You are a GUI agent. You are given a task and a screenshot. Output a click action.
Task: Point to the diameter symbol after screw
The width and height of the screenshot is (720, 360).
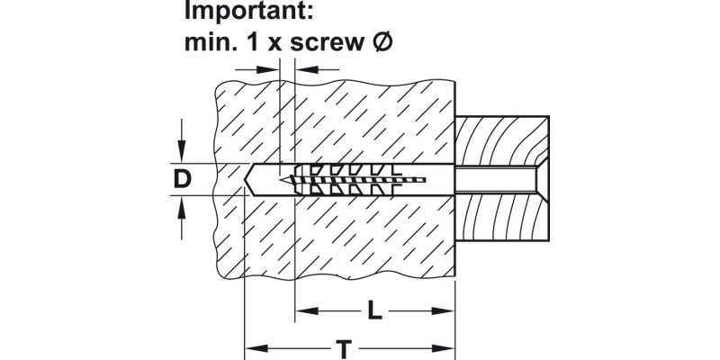tap(382, 42)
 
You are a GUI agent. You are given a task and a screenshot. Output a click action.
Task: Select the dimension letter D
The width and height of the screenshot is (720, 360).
tap(183, 179)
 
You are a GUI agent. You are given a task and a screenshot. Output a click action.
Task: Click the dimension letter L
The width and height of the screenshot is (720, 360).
tap(375, 310)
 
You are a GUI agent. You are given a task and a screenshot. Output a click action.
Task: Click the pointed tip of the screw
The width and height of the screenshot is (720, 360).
tap(281, 179)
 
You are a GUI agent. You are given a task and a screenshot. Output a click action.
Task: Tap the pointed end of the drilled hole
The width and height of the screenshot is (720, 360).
tap(244, 179)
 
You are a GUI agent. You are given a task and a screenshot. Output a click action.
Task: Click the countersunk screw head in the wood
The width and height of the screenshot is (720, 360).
tap(543, 179)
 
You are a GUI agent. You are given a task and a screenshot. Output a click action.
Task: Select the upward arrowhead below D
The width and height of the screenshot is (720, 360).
tap(183, 206)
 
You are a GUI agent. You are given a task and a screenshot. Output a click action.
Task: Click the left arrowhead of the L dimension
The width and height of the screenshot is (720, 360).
tap(306, 310)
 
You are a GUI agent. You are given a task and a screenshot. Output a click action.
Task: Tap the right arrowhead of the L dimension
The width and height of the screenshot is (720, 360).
tap(444, 310)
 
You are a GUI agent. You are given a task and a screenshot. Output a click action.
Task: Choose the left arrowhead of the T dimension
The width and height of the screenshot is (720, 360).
tap(256, 348)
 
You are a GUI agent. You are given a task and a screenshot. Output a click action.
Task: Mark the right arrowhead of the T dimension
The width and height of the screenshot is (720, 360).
tap(444, 348)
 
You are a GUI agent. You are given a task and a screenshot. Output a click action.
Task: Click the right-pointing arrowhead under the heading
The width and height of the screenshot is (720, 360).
tap(267, 70)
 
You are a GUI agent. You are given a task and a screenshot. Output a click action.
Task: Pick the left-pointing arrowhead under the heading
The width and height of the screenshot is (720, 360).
tap(306, 70)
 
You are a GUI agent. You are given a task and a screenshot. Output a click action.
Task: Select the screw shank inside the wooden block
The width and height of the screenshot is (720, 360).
tap(495, 179)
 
